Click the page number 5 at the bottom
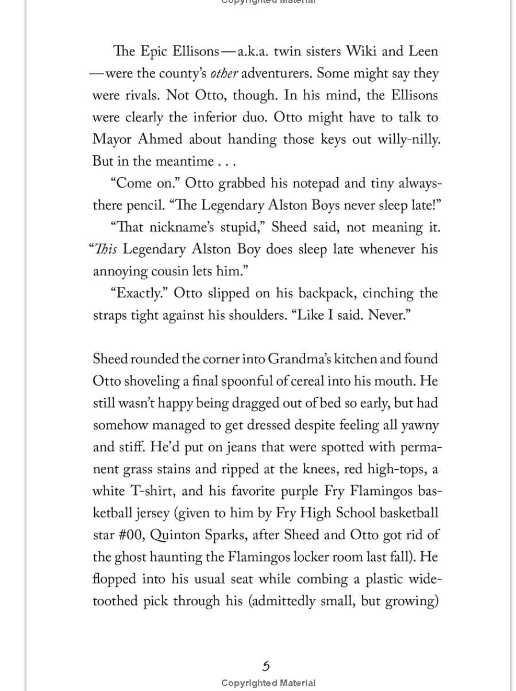266,666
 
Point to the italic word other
224,74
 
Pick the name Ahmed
160,140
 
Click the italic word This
106,249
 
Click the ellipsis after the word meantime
225,162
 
